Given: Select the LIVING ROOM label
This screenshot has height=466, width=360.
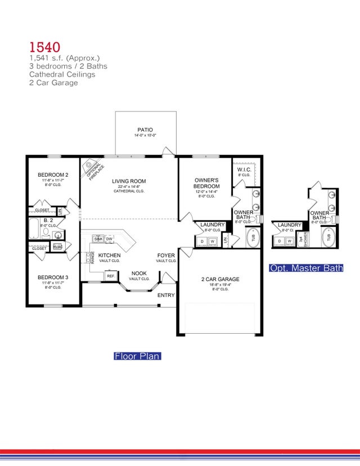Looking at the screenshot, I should pyautogui.click(x=129, y=181).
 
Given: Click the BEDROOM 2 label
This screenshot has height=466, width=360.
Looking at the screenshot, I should pyautogui.click(x=53, y=175).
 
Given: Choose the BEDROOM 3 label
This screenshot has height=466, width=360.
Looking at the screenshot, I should pyautogui.click(x=53, y=277).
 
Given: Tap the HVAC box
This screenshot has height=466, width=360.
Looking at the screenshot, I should pyautogui.click(x=57, y=246).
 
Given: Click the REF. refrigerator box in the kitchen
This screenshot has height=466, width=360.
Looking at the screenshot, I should pyautogui.click(x=111, y=276).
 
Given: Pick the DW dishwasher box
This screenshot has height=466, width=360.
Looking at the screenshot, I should pyautogui.click(x=110, y=239).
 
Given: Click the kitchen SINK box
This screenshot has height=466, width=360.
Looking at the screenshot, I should pyautogui.click(x=98, y=239).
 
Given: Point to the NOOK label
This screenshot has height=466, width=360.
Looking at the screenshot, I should pyautogui.click(x=138, y=272).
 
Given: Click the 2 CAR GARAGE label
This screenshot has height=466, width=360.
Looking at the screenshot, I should pyautogui.click(x=220, y=279).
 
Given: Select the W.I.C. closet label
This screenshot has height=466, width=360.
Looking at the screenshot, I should pyautogui.click(x=244, y=169).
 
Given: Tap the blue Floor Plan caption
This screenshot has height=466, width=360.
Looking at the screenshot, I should pyautogui.click(x=137, y=356).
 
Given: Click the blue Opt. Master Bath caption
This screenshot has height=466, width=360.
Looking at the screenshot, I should pyautogui.click(x=306, y=268).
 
